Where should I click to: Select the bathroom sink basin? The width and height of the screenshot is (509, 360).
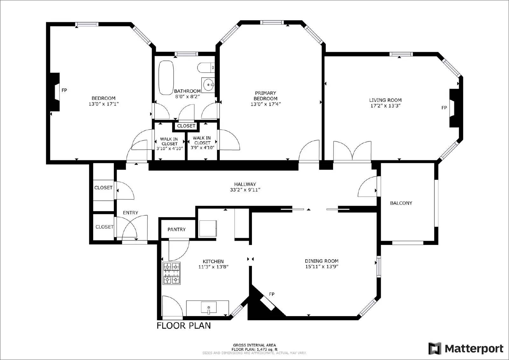point(208,85)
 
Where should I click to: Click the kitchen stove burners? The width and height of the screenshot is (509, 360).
point(172,273)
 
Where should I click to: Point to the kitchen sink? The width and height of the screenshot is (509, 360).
point(209,308)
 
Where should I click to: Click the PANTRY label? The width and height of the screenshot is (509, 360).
point(177,229)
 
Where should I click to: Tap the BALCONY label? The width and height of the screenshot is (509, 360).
point(401,203)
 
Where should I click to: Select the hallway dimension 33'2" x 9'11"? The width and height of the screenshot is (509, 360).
point(245,190)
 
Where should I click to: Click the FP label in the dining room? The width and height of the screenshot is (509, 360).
point(272,294)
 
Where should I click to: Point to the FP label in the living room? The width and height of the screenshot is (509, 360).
point(444,108)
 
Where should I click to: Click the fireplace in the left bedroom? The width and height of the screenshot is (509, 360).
point(55,92)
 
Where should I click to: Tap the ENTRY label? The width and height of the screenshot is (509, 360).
point(130,213)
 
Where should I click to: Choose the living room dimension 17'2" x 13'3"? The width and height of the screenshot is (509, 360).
point(385,106)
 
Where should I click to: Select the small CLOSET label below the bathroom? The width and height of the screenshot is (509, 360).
point(186,126)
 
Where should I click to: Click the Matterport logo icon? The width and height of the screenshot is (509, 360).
point(435,349)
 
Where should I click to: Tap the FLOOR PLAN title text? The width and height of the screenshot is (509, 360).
point(184,326)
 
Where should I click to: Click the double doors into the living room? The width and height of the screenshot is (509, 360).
point(352,152)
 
